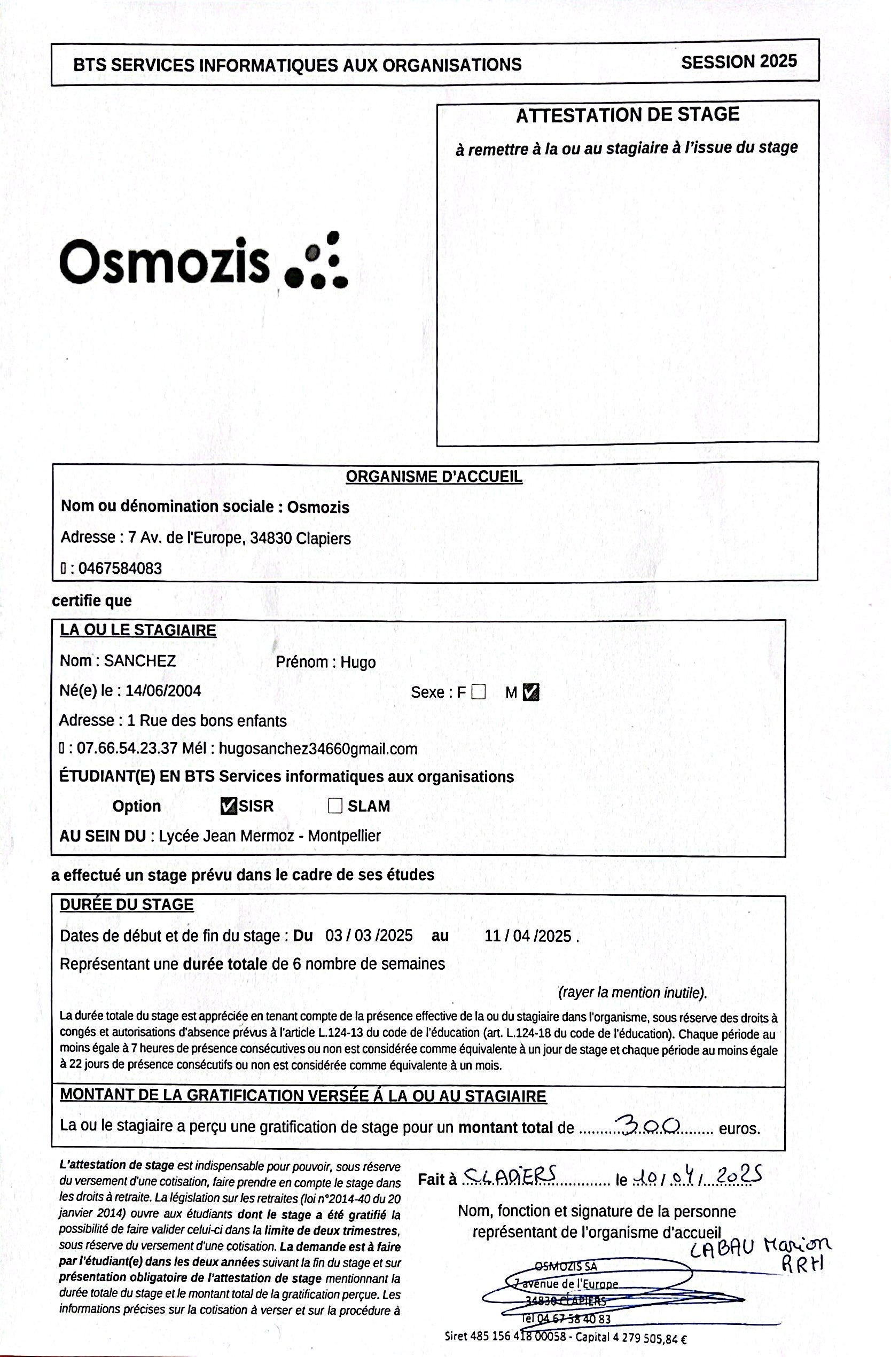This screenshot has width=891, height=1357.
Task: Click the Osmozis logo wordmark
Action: coord(164,262)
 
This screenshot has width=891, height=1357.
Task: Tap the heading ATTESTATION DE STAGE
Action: coord(627,115)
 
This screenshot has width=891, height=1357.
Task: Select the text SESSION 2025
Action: coord(738,62)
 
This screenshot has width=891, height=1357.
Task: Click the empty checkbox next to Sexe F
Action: coord(479,692)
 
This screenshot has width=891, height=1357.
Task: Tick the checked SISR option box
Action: coord(228,806)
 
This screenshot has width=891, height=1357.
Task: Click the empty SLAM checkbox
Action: coord(335,806)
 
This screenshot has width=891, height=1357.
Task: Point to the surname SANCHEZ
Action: coord(139,661)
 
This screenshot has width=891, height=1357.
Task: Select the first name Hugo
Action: coord(358,662)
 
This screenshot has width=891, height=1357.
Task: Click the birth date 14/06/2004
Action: coord(163,691)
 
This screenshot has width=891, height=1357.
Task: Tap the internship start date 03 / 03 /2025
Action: coord(369,935)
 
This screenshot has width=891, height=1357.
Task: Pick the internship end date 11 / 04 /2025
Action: coord(528,936)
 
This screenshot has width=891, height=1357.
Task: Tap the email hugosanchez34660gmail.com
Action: coord(318,748)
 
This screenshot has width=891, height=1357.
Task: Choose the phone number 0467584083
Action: coord(120,568)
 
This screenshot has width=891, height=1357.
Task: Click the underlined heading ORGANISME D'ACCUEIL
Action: coord(434,477)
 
